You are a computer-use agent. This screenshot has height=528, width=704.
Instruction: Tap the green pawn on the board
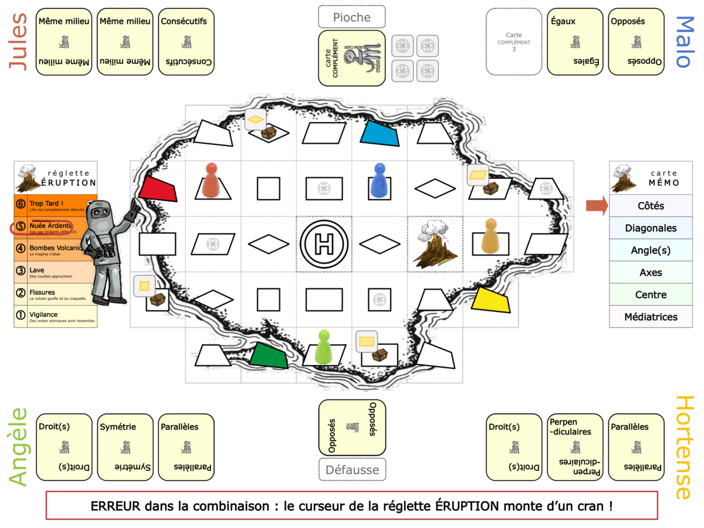coord(323,347)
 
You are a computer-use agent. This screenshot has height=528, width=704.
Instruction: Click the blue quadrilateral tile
coord(380,133)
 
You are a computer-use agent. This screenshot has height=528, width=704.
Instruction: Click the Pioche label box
coord(351,17)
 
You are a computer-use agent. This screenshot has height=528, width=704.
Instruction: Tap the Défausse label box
coord(351,469)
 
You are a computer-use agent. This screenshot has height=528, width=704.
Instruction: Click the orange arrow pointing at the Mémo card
coord(597,205)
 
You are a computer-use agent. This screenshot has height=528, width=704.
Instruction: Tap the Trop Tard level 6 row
coord(56,206)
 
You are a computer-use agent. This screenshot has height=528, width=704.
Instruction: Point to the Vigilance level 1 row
coord(56,317)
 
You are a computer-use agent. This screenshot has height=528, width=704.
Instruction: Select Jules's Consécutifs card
coord(186,42)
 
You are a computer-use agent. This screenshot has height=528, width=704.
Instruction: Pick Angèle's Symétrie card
coord(125,447)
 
